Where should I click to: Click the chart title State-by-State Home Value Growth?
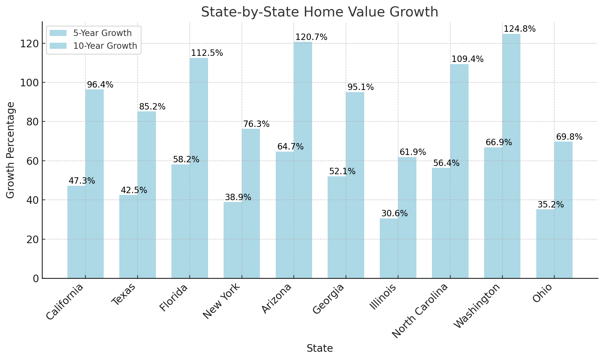[319, 12]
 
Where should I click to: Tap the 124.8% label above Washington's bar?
[520, 29]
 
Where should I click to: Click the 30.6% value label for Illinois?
[394, 214]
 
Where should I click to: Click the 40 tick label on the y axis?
[32, 200]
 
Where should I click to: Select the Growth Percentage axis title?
[10, 150]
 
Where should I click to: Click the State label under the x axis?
[319, 348]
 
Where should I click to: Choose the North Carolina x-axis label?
[420, 311]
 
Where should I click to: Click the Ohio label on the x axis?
[542, 293]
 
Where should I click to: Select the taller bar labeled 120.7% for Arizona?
[303, 160]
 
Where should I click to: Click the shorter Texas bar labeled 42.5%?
[128, 236]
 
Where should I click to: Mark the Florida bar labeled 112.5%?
[199, 168]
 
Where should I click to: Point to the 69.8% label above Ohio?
[569, 137]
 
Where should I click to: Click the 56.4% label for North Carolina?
[446, 163]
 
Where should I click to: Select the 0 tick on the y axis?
[36, 279]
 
